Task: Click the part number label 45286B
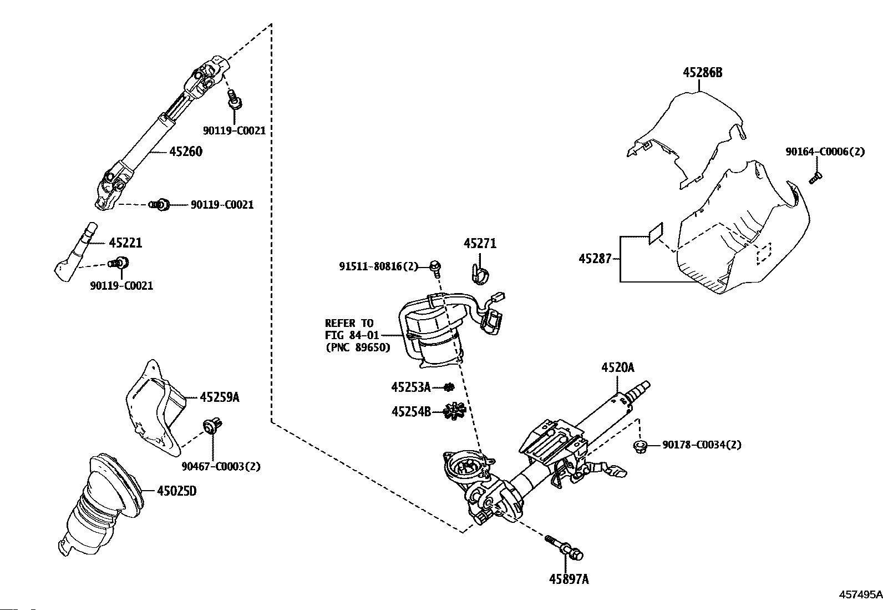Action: tap(702, 73)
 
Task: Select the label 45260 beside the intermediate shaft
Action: tap(186, 152)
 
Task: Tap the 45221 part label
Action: tap(125, 243)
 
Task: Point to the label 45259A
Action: tap(220, 397)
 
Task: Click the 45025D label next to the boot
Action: tap(176, 491)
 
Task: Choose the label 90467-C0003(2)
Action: tap(221, 466)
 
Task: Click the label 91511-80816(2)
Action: tap(378, 266)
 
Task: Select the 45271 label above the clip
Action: tap(480, 244)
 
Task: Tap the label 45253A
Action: tap(411, 387)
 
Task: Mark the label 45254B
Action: tap(411, 412)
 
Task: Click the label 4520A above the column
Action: tap(618, 368)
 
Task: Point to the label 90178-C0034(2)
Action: tap(702, 445)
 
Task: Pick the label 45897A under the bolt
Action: tap(569, 579)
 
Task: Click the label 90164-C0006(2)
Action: tap(825, 152)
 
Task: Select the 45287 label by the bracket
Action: tap(595, 259)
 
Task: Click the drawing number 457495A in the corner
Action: tap(860, 594)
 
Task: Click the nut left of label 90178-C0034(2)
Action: tap(640, 447)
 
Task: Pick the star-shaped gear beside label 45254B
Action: tap(454, 411)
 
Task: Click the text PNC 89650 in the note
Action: tap(358, 347)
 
